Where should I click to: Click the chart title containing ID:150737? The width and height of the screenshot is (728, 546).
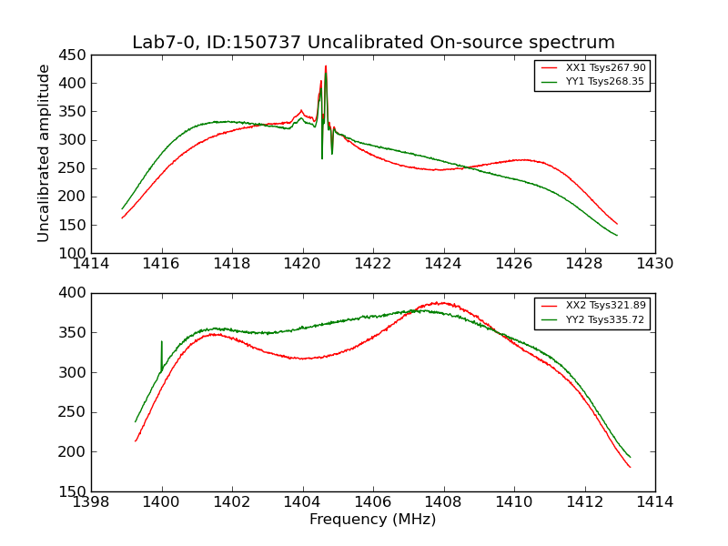click(x=373, y=43)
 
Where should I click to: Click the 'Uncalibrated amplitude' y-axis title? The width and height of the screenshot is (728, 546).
click(x=44, y=153)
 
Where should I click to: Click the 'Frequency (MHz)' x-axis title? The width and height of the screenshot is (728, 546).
click(x=373, y=520)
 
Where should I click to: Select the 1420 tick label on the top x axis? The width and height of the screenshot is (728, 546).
click(x=302, y=264)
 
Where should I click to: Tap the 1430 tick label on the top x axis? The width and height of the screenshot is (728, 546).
click(x=655, y=264)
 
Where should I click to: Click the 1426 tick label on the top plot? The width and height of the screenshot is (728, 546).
click(x=514, y=264)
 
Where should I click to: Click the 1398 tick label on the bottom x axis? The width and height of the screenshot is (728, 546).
click(x=91, y=502)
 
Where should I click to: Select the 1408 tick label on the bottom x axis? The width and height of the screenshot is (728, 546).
click(x=443, y=502)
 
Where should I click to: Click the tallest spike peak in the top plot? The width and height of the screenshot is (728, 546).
click(x=326, y=66)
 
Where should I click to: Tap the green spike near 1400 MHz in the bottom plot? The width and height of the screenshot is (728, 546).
click(x=162, y=342)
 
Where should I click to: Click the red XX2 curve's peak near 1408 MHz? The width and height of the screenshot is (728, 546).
click(x=440, y=303)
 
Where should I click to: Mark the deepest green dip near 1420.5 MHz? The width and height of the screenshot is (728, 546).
click(x=322, y=158)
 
